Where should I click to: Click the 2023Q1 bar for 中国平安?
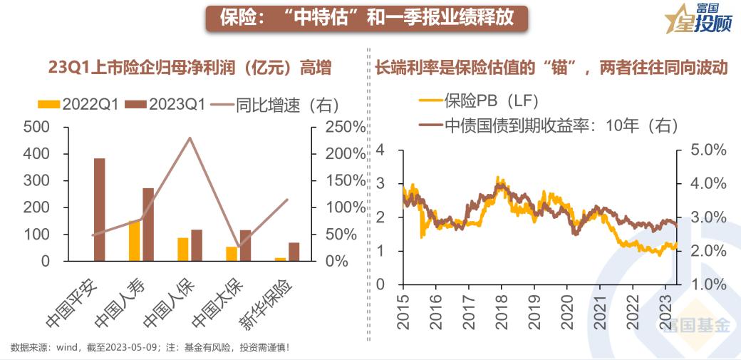click(99, 210)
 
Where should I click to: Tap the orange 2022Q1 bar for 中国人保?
click(183, 249)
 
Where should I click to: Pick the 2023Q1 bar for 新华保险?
click(294, 252)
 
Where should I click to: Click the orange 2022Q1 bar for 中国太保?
click(231, 254)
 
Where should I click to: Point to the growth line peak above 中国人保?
click(190, 138)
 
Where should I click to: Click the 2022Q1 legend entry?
click(78, 104)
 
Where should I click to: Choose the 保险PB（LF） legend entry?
click(478, 100)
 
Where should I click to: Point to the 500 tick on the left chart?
click(38, 127)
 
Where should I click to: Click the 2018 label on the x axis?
click(502, 307)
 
